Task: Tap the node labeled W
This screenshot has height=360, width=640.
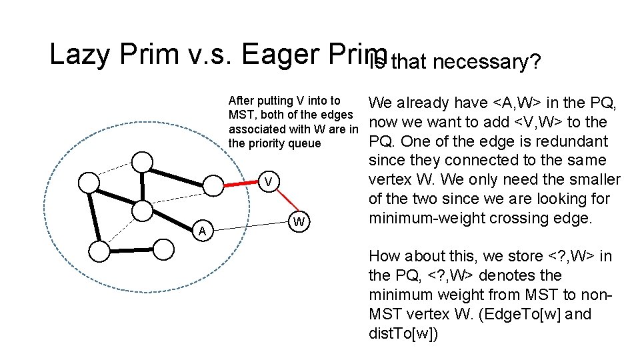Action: [x=301, y=221]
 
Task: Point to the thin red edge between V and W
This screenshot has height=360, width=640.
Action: [x=285, y=202]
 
